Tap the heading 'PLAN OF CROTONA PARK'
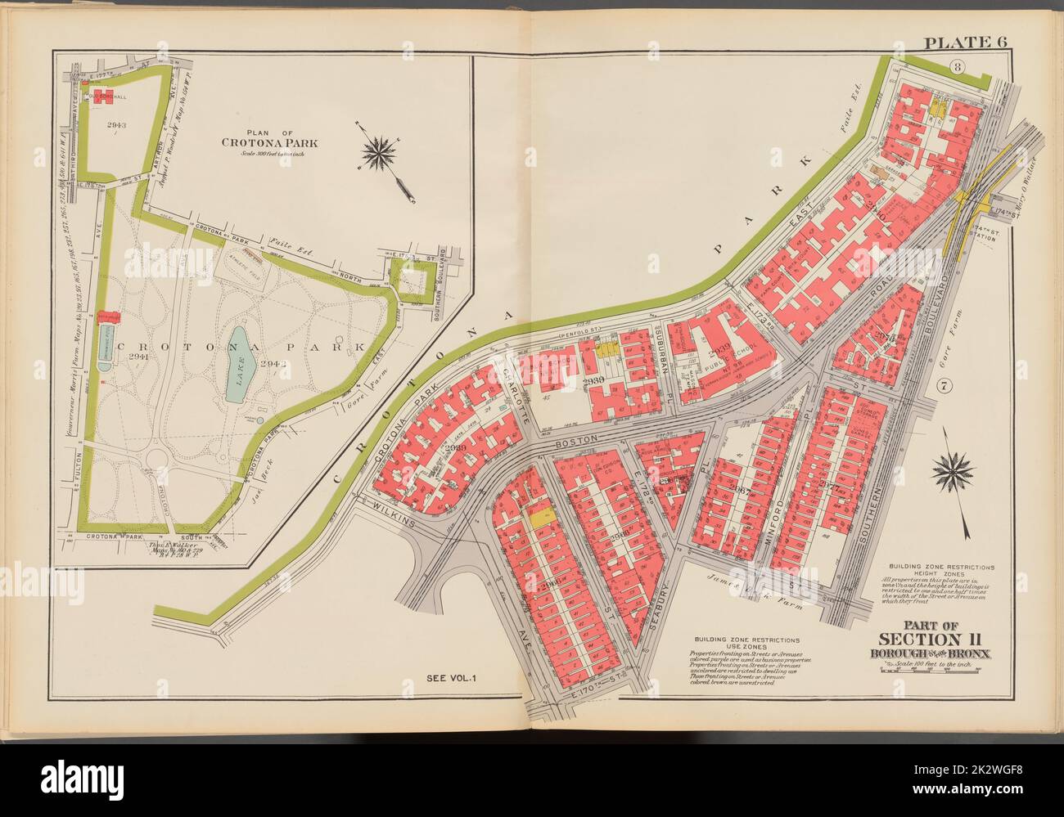pyautogui.click(x=269, y=140)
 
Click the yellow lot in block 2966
pyautogui.click(x=539, y=518)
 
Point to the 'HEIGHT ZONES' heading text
pyautogui.click(x=940, y=573)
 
